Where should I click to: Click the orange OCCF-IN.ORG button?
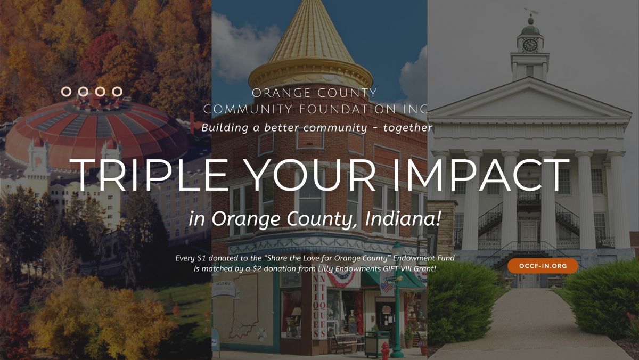click(x=543, y=266)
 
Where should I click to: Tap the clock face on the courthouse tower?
click(x=530, y=45)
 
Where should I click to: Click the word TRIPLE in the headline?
click(x=149, y=175)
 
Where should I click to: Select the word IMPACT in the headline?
click(x=481, y=175)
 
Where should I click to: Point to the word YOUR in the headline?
click(x=309, y=175)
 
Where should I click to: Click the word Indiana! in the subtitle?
click(x=403, y=218)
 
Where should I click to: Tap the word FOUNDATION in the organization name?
click(x=348, y=109)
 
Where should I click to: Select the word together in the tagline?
click(x=408, y=128)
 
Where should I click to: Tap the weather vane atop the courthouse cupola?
click(x=530, y=12)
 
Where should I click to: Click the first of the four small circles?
click(x=66, y=92)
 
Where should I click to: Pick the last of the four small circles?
click(x=117, y=92)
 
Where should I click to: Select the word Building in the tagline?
click(x=225, y=128)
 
